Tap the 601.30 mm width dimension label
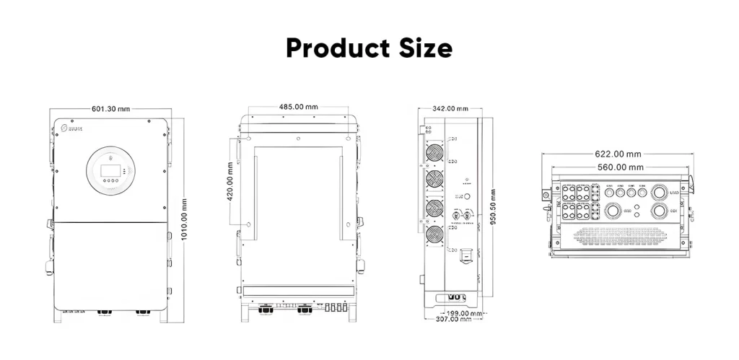click(x=110, y=109)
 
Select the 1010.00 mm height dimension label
click(x=185, y=221)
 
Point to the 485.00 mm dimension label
click(x=299, y=107)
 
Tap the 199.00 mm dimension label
click(x=461, y=313)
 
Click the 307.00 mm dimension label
click(x=452, y=320)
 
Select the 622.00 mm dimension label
click(x=618, y=154)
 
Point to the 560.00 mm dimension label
click(x=618, y=167)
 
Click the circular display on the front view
click(x=110, y=170)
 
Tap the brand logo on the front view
click(x=72, y=128)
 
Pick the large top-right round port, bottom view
click(x=659, y=193)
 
